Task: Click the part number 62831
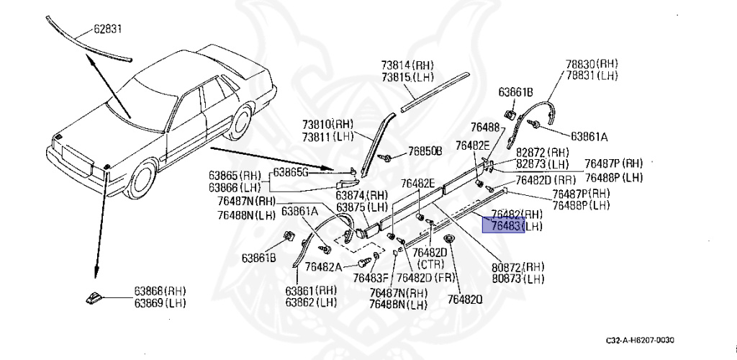(109, 30)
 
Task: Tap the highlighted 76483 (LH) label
(515, 226)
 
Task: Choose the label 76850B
(425, 151)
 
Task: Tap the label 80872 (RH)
(516, 266)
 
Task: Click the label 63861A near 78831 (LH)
(589, 135)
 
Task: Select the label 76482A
(323, 266)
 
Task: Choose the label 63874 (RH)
(362, 195)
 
